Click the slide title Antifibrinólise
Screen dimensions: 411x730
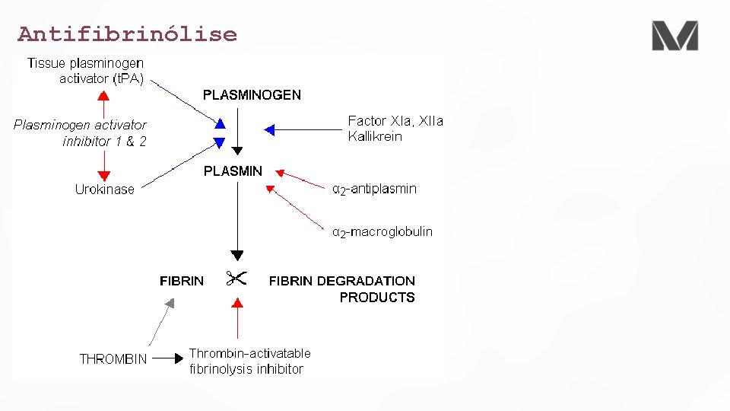pos(127,34)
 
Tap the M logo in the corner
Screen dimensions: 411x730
pos(674,36)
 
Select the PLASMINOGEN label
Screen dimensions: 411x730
pos(252,95)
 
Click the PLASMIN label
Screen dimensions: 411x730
pos(233,171)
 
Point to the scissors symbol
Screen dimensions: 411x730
pos(236,279)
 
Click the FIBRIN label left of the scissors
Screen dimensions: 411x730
pos(182,281)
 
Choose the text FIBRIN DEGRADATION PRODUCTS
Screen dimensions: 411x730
pos(342,289)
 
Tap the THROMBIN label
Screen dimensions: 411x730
pos(113,358)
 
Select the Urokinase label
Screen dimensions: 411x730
pos(104,190)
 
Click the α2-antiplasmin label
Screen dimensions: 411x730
pos(375,189)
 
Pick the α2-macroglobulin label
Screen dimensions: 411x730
pos(382,231)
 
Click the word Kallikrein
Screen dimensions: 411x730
pos(375,137)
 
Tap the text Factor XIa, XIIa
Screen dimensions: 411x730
pos(395,120)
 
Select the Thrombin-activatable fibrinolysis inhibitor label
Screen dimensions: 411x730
pos(249,361)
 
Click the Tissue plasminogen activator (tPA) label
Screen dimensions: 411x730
pos(86,71)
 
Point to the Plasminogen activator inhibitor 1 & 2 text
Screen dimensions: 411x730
pos(81,132)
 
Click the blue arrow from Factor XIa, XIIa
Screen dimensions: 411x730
pos(304,130)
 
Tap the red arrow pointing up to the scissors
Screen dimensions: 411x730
pos(237,318)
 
